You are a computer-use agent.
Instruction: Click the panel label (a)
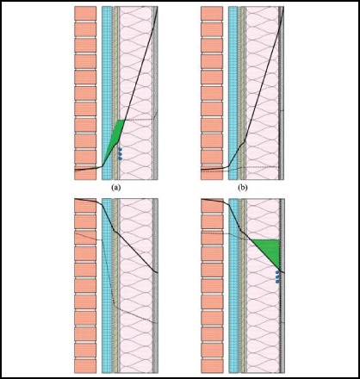[x=116, y=188]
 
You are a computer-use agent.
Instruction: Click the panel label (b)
[x=243, y=188]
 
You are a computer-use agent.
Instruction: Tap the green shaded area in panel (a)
[x=115, y=141]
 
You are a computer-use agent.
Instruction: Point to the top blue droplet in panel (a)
[x=120, y=149]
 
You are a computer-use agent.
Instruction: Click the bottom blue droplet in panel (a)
[x=121, y=158]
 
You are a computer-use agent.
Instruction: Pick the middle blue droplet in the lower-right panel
[x=277, y=276]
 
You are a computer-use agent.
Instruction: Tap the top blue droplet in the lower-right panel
[x=277, y=272]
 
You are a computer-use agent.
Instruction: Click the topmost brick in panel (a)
[x=85, y=14]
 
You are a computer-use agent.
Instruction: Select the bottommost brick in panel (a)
[x=85, y=173]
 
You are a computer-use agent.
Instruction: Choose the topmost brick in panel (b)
[x=212, y=14]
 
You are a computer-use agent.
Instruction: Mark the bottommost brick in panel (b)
[x=212, y=173]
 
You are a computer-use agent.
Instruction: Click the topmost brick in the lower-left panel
[x=85, y=206]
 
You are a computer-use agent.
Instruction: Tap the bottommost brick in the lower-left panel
[x=85, y=366]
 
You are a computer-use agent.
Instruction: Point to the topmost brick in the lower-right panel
[x=212, y=206]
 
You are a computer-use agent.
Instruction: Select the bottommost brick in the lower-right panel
[x=212, y=366]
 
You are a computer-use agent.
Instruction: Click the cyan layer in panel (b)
[x=233, y=93]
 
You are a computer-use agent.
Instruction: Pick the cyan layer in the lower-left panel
[x=107, y=286]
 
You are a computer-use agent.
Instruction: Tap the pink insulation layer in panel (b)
[x=262, y=93]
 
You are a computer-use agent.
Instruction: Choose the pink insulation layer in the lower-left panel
[x=136, y=286]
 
